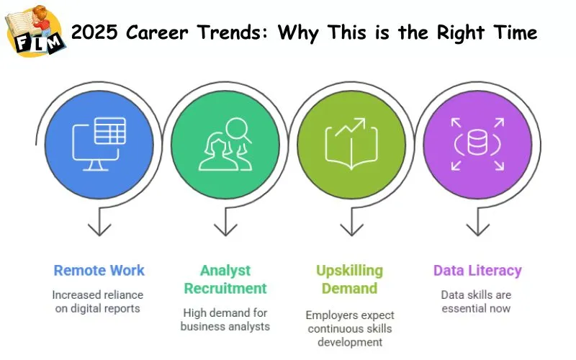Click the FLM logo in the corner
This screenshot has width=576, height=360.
(35, 30)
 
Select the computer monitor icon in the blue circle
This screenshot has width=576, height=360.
(99, 143)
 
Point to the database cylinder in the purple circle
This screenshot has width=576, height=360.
(477, 143)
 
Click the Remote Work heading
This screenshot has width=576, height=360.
(99, 271)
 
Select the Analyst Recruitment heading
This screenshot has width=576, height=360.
(225, 279)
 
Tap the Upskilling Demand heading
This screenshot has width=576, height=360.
(350, 279)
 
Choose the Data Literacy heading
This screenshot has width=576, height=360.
(477, 271)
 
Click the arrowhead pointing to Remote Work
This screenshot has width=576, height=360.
(99, 230)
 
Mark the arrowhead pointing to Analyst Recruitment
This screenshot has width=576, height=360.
(225, 230)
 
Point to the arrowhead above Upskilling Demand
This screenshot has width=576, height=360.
(351, 230)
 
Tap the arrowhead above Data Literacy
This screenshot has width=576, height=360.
(477, 230)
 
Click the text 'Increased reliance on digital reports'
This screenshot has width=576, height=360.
(99, 302)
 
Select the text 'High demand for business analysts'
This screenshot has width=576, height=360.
(225, 319)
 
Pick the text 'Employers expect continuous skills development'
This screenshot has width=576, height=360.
(350, 328)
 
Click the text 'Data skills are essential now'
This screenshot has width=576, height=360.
(477, 302)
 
